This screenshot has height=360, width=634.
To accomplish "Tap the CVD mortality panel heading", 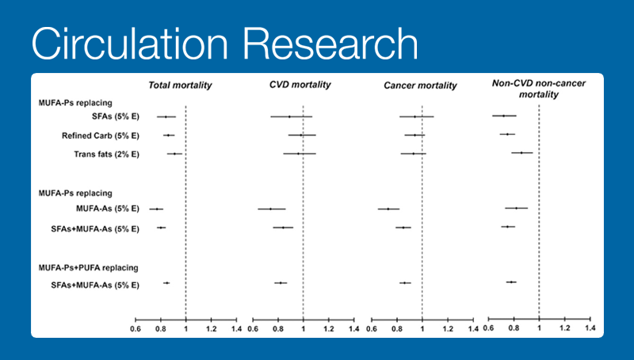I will pyautogui.click(x=300, y=85).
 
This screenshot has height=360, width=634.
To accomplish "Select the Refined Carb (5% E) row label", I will pyautogui.click(x=101, y=136).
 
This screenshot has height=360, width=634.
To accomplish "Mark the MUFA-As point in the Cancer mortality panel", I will pyautogui.click(x=388, y=209).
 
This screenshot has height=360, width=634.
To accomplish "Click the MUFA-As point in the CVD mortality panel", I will pyautogui.click(x=271, y=209).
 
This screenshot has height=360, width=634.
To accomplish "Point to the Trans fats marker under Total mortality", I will pyautogui.click(x=174, y=154).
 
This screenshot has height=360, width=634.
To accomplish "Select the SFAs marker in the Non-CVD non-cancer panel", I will pyautogui.click(x=504, y=117).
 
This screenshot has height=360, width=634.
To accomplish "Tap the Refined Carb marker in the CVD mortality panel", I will pyautogui.click(x=301, y=136).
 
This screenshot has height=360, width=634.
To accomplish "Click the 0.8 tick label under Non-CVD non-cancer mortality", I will pyautogui.click(x=514, y=328).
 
